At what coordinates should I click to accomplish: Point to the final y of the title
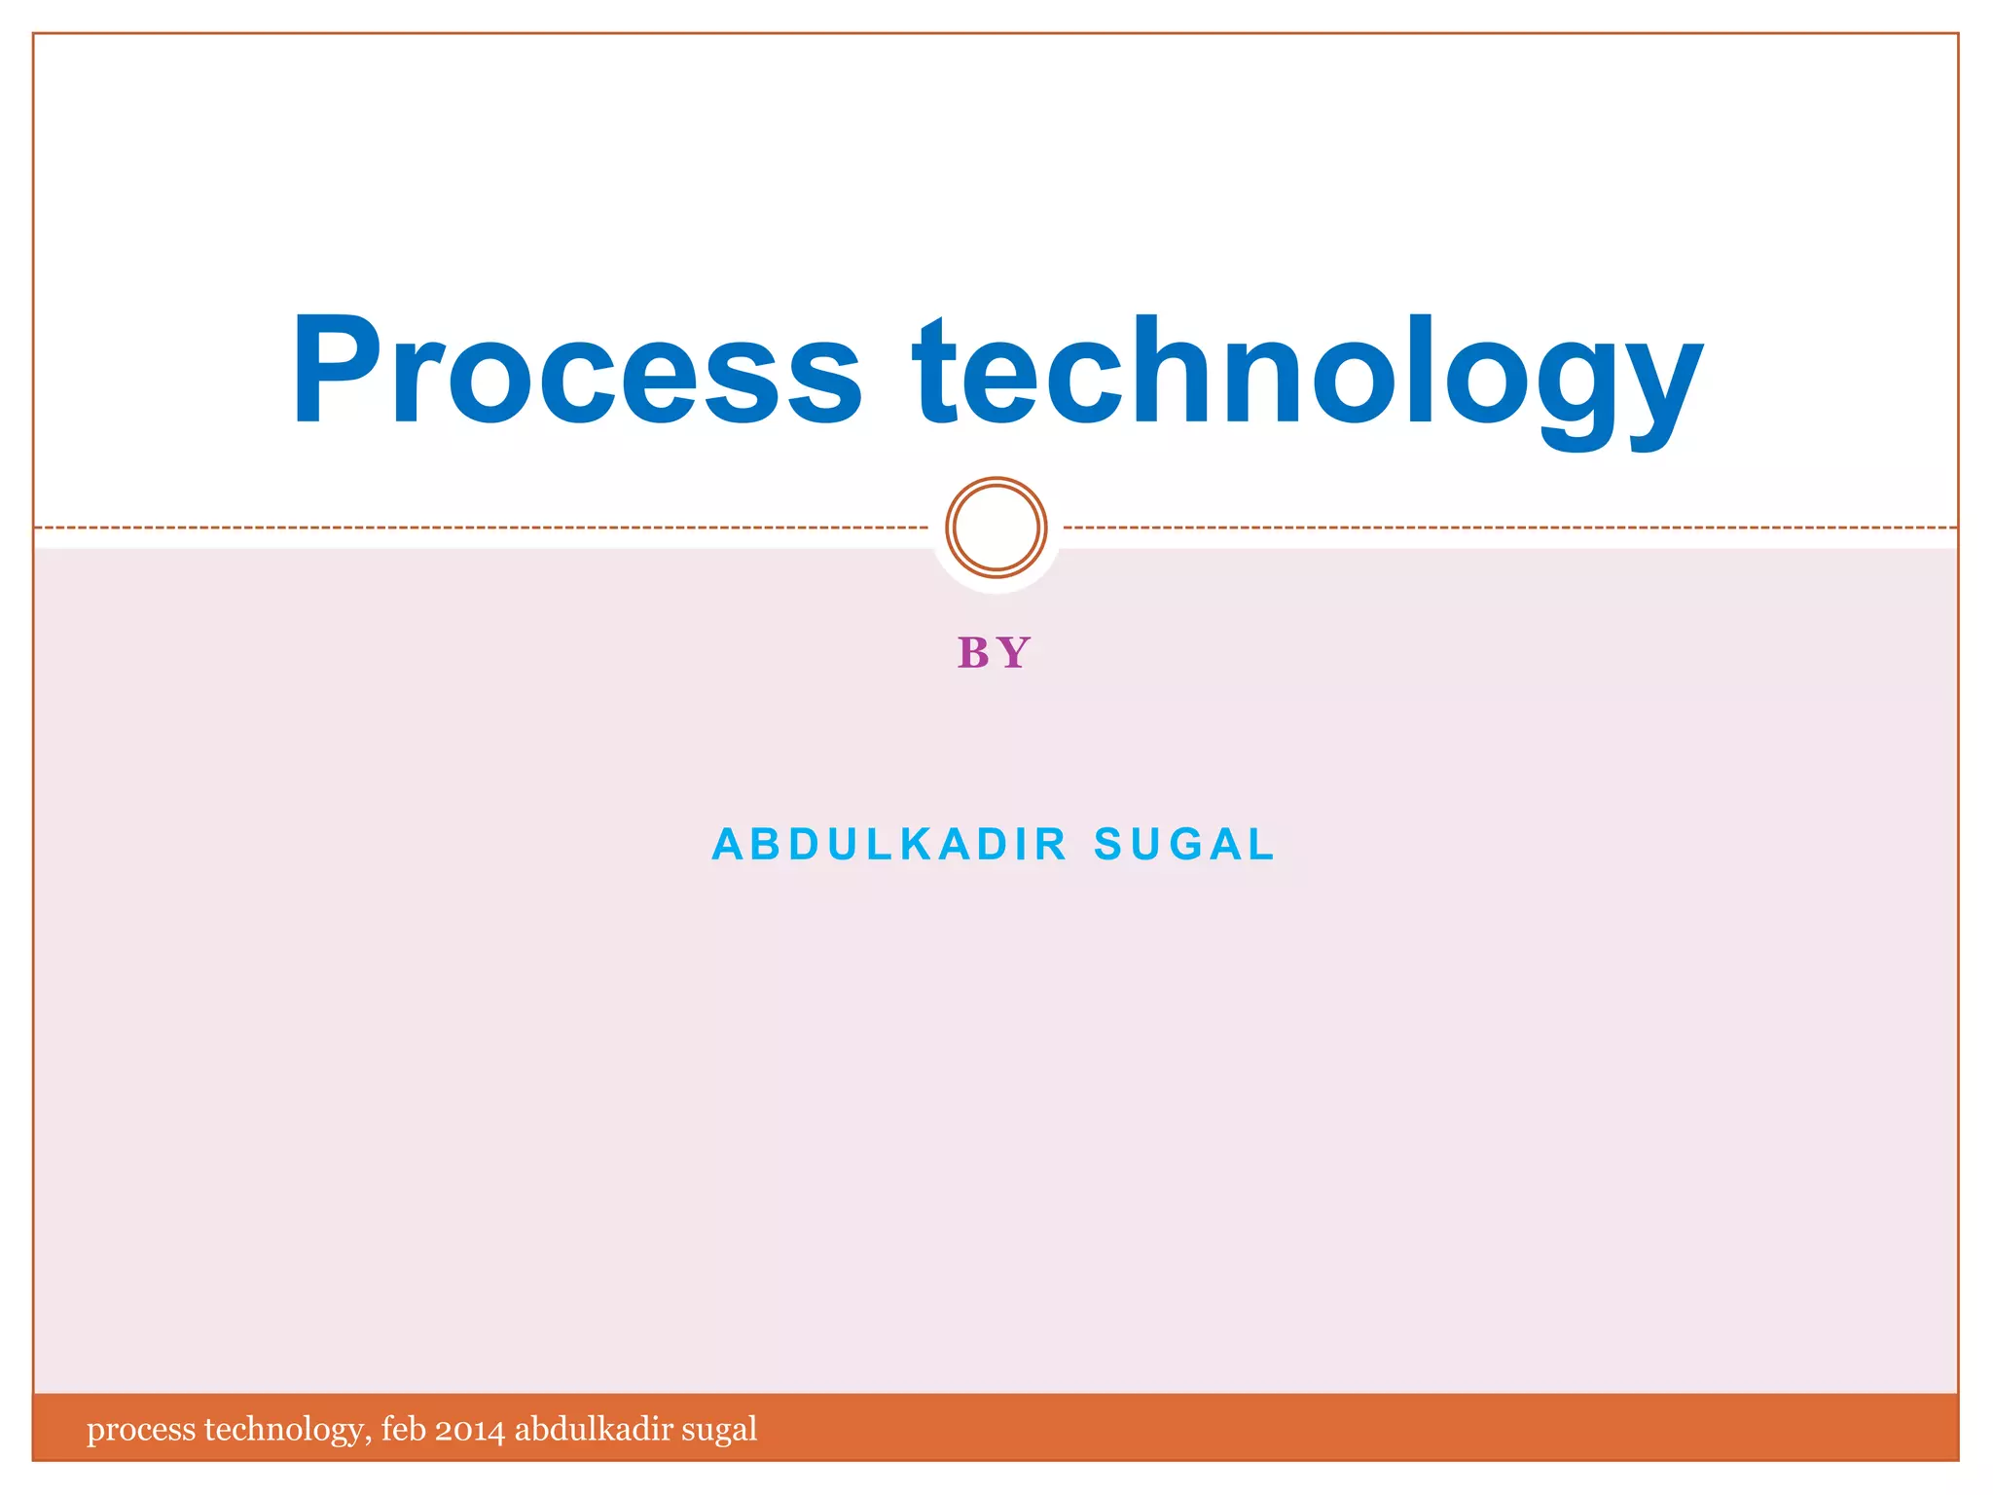point(1653,389)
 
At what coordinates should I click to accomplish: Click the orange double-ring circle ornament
point(996,528)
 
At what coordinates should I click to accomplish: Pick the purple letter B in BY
point(973,653)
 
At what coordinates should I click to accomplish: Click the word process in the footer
point(141,1430)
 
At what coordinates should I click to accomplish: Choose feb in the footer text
point(403,1429)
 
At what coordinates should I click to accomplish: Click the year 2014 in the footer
point(469,1430)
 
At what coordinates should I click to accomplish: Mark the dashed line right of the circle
point(1508,528)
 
